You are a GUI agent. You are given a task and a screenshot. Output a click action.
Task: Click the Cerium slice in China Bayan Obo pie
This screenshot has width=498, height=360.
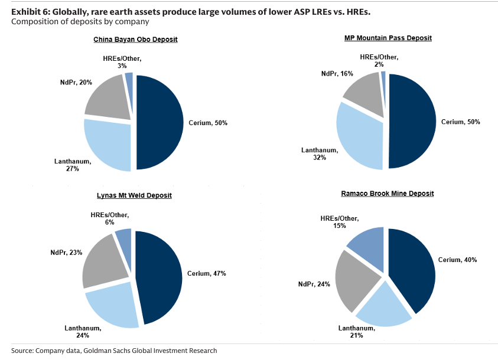click(158, 122)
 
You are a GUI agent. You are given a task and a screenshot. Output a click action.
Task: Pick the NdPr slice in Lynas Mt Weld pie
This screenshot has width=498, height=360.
click(106, 260)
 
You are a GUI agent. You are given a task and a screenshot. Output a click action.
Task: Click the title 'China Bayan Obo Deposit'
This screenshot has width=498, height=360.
click(135, 40)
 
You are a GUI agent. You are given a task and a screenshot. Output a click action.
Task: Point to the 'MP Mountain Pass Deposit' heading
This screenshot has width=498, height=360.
click(388, 38)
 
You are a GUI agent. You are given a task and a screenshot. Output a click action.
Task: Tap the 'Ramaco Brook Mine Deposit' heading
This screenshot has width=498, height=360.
click(388, 193)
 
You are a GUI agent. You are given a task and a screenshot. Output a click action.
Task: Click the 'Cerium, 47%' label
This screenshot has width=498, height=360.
click(207, 273)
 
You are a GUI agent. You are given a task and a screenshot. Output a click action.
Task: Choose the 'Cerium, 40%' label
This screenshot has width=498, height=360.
click(457, 260)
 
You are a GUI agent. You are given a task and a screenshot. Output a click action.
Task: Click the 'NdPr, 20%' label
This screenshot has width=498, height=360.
click(75, 83)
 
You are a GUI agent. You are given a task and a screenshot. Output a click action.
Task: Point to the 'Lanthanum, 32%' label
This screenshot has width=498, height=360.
click(320, 155)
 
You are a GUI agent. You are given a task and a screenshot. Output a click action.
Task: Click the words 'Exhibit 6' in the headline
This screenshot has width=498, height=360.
click(29, 11)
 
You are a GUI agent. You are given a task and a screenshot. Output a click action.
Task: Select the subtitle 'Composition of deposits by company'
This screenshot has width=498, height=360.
click(80, 22)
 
